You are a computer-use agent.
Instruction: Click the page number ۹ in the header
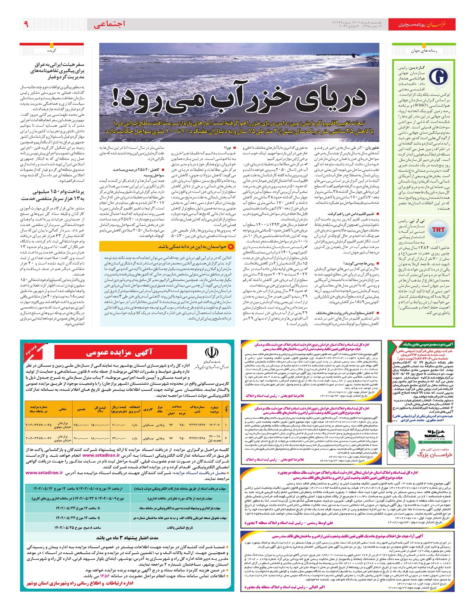[26, 24]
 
